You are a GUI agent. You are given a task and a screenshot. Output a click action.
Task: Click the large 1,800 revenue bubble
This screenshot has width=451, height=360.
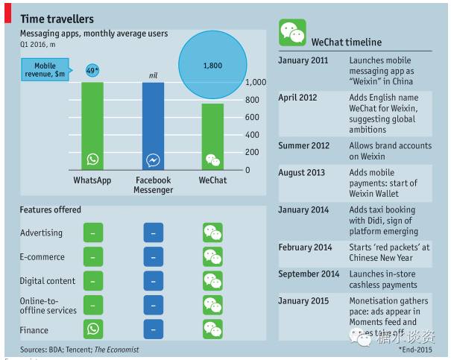(212, 66)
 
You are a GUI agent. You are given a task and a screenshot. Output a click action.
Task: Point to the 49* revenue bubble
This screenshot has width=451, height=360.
(92, 70)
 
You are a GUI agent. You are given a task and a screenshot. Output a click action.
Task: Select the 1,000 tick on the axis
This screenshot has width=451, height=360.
(257, 83)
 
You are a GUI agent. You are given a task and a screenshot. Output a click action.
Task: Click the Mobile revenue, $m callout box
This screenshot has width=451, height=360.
(51, 71)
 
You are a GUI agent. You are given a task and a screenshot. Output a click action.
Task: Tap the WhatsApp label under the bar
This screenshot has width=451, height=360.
(93, 180)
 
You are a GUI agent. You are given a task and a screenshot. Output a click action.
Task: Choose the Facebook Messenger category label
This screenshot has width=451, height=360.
(153, 185)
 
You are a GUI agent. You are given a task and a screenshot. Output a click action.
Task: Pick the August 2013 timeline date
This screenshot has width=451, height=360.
(302, 172)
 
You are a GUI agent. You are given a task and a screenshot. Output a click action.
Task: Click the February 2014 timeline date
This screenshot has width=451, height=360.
(306, 247)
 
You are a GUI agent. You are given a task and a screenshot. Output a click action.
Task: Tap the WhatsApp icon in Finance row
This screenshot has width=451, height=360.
(93, 329)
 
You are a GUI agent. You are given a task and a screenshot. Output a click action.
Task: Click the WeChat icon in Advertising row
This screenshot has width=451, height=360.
(212, 233)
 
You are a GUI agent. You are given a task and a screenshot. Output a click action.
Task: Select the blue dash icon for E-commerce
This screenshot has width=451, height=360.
(153, 257)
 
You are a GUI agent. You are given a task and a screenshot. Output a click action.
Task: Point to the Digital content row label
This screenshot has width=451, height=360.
(48, 281)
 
